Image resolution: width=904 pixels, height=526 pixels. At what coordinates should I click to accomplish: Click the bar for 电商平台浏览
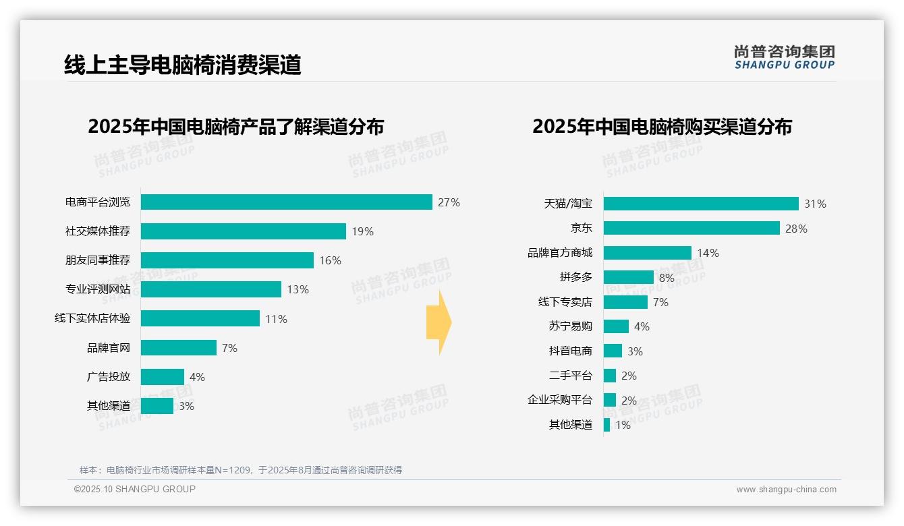click(x=286, y=202)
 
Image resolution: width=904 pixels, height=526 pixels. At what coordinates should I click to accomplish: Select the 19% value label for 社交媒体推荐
click(x=362, y=231)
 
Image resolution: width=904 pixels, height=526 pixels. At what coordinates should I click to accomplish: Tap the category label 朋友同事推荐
click(x=98, y=260)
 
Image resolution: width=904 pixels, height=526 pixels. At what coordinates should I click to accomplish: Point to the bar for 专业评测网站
click(x=210, y=289)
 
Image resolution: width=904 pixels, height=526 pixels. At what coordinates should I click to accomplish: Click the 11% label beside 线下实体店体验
click(x=276, y=319)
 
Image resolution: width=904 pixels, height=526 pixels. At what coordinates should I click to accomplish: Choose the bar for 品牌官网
click(x=178, y=348)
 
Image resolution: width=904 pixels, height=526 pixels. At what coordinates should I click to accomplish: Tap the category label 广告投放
click(x=108, y=377)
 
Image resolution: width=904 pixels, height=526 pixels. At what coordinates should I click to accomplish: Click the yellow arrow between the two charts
click(x=439, y=323)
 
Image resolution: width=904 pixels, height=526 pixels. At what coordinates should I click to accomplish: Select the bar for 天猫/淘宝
click(x=700, y=204)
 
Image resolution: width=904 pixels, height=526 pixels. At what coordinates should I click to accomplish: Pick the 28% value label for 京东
click(x=796, y=229)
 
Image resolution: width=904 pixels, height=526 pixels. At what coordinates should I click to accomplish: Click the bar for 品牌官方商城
click(x=647, y=253)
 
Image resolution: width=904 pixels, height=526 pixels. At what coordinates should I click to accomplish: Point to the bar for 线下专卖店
click(x=625, y=302)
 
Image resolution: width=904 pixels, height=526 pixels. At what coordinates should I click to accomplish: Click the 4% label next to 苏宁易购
click(x=642, y=326)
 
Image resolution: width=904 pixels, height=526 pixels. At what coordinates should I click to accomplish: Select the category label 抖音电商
click(x=570, y=351)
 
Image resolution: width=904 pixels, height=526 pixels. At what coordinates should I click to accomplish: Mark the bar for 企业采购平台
click(x=610, y=400)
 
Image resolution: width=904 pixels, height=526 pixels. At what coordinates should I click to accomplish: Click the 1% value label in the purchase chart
click(x=623, y=425)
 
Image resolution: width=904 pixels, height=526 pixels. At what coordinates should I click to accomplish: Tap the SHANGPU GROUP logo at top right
click(x=784, y=57)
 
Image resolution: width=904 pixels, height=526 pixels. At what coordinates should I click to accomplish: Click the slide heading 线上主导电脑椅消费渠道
click(x=182, y=65)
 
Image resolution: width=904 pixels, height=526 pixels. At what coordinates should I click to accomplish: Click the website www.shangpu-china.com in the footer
click(x=786, y=490)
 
